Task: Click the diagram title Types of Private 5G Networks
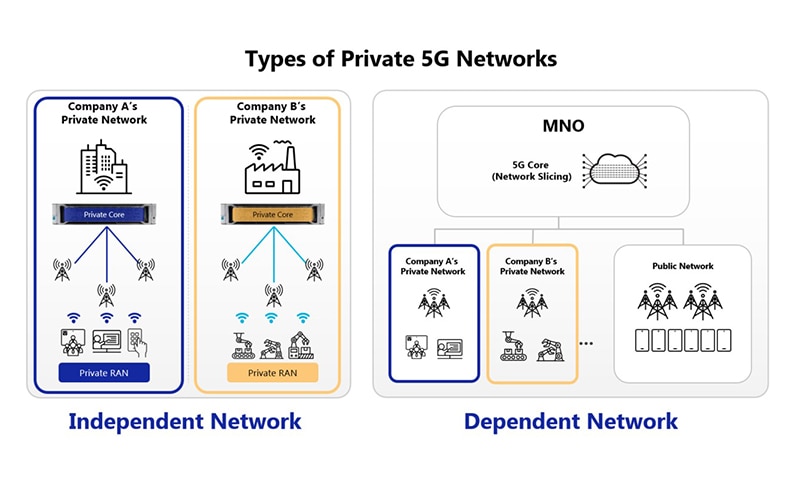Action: (x=401, y=59)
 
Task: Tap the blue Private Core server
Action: (x=104, y=214)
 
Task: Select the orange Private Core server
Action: (x=272, y=214)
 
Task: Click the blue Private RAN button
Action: (x=104, y=373)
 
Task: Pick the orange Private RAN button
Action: (x=272, y=373)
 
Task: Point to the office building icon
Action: (x=104, y=167)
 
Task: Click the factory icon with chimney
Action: (x=272, y=167)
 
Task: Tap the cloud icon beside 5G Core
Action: (x=614, y=170)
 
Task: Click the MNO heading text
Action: (x=563, y=125)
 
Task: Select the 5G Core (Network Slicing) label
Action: (x=532, y=171)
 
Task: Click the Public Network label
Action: (x=683, y=266)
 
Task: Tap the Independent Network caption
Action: (x=185, y=422)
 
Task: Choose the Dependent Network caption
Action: (x=571, y=422)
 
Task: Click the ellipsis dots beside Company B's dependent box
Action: (x=586, y=343)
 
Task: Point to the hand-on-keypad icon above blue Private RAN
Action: (x=137, y=342)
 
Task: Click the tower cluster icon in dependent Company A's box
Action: (x=434, y=302)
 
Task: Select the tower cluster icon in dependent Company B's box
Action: (x=532, y=302)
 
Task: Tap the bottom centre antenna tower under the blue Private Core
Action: (x=106, y=296)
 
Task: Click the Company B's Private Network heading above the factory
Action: (x=272, y=113)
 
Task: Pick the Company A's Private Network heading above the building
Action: (x=104, y=113)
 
